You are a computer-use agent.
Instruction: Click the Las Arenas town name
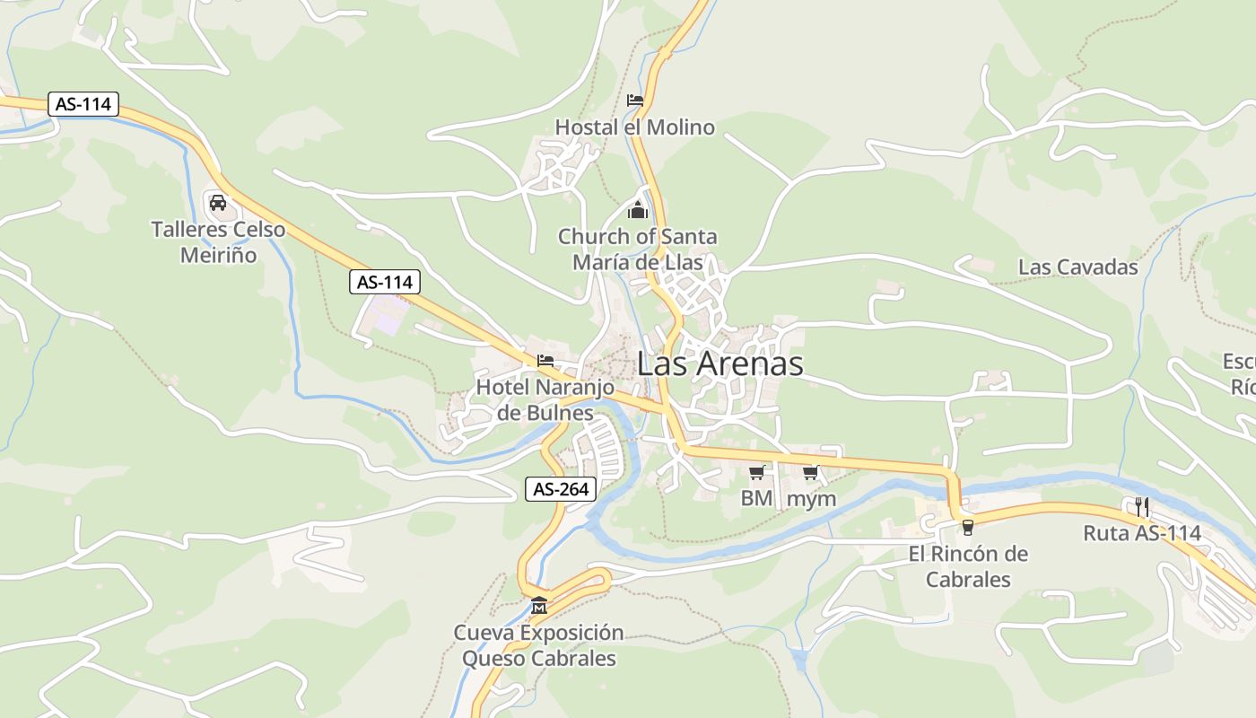click(x=720, y=364)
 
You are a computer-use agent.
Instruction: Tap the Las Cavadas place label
click(x=1077, y=267)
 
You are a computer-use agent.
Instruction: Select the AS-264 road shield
click(x=561, y=489)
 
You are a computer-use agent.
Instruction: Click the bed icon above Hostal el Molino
click(x=635, y=101)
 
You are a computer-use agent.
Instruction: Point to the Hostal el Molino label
click(x=635, y=127)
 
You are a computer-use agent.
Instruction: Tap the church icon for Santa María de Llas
click(x=638, y=211)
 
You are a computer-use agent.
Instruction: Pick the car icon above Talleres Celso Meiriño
click(x=217, y=202)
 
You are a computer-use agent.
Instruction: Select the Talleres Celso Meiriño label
click(x=218, y=242)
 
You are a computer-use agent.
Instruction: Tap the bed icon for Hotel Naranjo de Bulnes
click(x=545, y=362)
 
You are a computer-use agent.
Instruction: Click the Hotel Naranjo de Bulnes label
click(x=545, y=400)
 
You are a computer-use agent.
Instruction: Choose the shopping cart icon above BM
click(x=756, y=472)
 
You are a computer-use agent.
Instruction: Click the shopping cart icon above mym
click(x=811, y=472)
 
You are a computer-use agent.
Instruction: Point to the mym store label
click(x=811, y=499)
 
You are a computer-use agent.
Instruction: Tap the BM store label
click(x=756, y=498)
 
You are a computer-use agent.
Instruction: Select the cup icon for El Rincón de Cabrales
click(x=967, y=527)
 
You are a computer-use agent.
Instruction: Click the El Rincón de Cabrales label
click(x=968, y=566)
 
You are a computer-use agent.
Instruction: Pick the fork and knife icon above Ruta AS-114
click(x=1142, y=506)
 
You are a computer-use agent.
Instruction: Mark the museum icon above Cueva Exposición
click(x=538, y=605)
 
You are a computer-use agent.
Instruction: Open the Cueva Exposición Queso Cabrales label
click(x=538, y=645)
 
